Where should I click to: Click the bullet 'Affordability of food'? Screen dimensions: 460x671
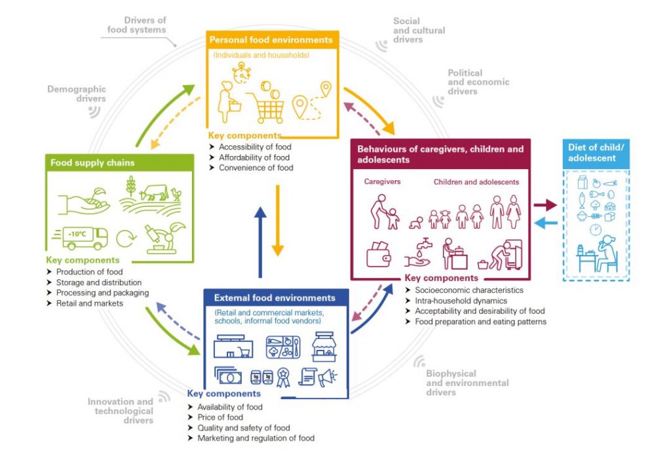tap(255, 157)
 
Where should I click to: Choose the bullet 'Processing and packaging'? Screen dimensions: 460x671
tap(102, 293)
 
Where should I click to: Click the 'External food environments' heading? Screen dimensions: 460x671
tap(275, 298)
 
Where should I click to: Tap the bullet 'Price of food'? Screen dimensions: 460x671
tap(220, 417)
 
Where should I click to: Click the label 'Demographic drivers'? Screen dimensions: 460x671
tap(77, 94)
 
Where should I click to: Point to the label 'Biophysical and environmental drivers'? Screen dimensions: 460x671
tap(467, 383)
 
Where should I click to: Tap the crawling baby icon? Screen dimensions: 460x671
tap(415, 223)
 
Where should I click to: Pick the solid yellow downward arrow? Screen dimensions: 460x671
tap(278, 220)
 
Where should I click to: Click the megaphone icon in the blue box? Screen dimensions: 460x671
tap(328, 377)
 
